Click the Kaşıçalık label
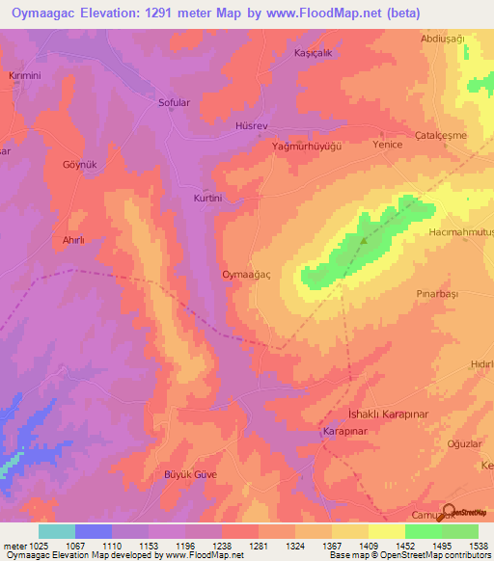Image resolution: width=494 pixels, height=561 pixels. click(313, 54)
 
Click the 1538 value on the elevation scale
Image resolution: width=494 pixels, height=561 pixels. click(477, 546)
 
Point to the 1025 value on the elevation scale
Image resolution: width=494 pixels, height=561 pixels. click(28, 546)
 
